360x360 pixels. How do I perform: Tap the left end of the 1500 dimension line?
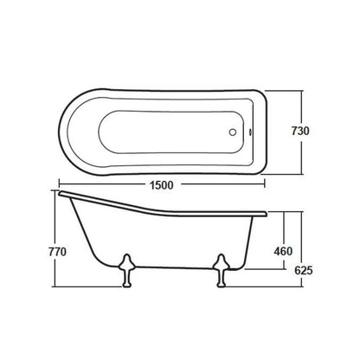pos(60,186)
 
